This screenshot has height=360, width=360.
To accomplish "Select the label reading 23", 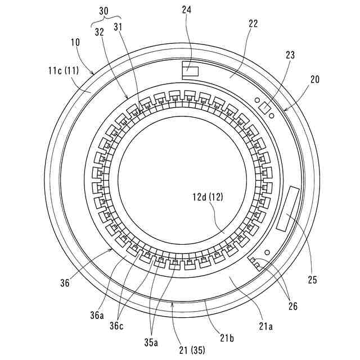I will [290, 55].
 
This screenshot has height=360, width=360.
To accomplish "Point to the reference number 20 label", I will [314, 80].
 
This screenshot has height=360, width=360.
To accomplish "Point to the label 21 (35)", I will [192, 350].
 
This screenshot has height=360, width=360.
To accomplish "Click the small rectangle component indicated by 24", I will [190, 71].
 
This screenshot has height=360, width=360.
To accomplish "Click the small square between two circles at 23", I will [264, 109].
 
